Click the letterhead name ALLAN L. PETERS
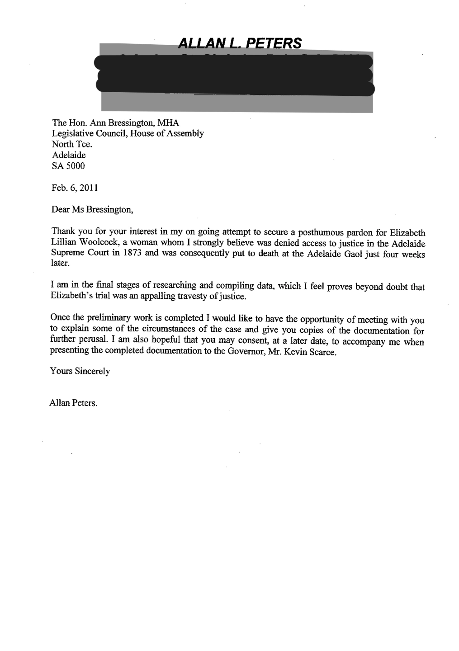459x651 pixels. point(240,43)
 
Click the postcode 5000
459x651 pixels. point(76,166)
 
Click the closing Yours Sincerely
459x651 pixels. point(80,372)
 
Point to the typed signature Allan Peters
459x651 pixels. point(73,403)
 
